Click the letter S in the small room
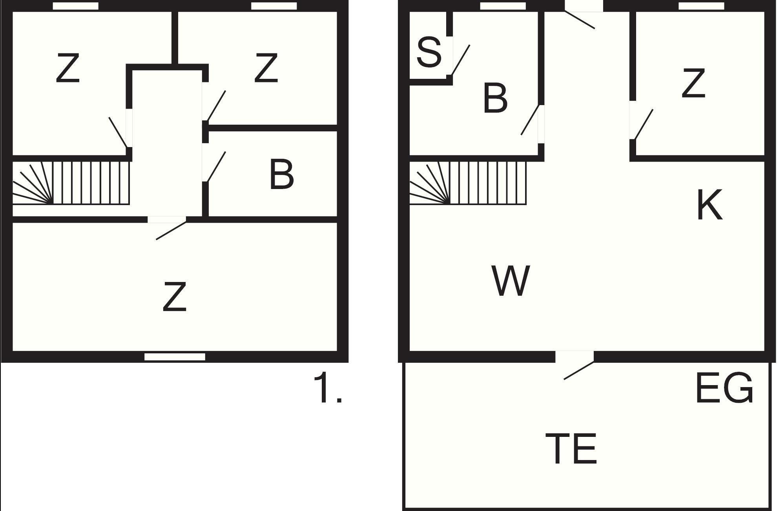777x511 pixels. pyautogui.click(x=429, y=52)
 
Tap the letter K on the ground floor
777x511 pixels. pyautogui.click(x=710, y=205)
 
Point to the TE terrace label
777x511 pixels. pyautogui.click(x=571, y=448)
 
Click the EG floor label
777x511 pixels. pyautogui.click(x=724, y=388)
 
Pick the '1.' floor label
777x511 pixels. pyautogui.click(x=328, y=388)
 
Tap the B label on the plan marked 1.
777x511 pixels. pyautogui.click(x=281, y=174)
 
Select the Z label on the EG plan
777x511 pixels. pyautogui.click(x=693, y=83)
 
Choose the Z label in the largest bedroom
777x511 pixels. pyautogui.click(x=175, y=297)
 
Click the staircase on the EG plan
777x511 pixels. pyautogui.click(x=468, y=183)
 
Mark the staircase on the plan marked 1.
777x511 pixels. pyautogui.click(x=71, y=183)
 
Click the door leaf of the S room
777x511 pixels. pyautogui.click(x=461, y=60)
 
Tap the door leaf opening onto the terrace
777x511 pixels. pyautogui.click(x=579, y=371)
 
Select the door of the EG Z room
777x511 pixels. pyautogui.click(x=644, y=124)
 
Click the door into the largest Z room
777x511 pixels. pyautogui.click(x=171, y=231)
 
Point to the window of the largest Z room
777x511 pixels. pyautogui.click(x=175, y=357)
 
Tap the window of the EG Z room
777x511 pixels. pyautogui.click(x=701, y=6)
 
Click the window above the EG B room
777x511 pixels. pyautogui.click(x=503, y=6)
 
